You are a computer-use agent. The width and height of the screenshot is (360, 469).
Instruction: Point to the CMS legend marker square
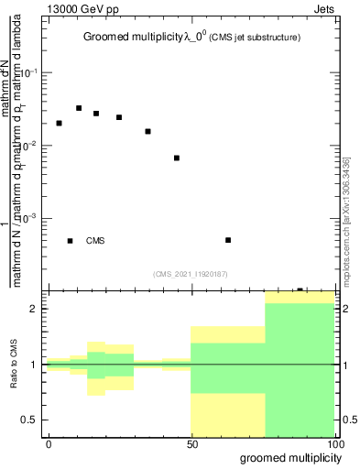click(x=71, y=241)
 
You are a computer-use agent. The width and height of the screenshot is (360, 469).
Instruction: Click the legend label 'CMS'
click(x=95, y=241)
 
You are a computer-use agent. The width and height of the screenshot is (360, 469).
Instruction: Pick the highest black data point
click(x=79, y=108)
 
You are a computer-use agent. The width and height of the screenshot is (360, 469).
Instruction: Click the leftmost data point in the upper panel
click(x=59, y=123)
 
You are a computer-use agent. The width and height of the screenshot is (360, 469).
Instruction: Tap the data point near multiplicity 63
click(x=228, y=240)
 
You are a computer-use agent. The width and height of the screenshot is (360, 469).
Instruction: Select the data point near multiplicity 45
click(x=176, y=158)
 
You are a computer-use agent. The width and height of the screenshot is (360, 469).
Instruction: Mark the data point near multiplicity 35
click(x=147, y=131)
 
